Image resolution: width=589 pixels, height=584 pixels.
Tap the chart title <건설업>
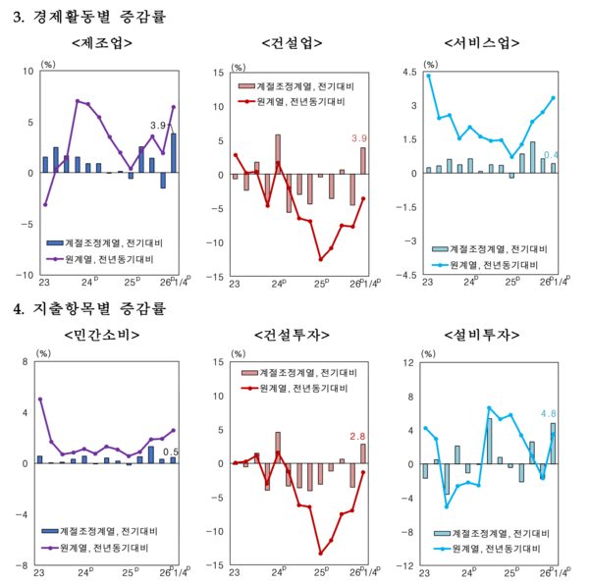(294, 43)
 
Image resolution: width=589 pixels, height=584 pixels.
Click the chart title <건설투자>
(294, 336)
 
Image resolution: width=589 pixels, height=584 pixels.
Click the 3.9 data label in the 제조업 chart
(157, 126)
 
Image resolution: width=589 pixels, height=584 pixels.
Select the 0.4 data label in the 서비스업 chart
(552, 155)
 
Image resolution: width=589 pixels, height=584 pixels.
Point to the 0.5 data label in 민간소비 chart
(170, 451)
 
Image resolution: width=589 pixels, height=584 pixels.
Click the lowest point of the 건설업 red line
(320, 259)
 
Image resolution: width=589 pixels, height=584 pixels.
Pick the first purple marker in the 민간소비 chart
(40, 399)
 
